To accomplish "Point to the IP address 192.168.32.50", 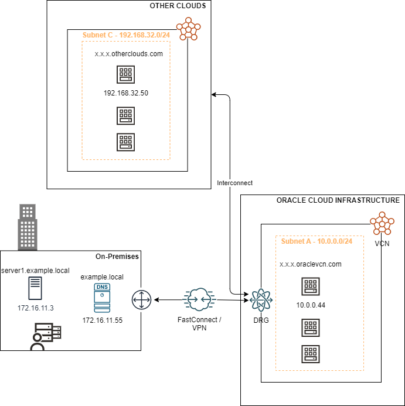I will point(125,93).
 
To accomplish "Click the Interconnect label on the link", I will point(234,183).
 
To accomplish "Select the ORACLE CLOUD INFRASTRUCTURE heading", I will point(338,200).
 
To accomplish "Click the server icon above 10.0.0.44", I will point(311,286).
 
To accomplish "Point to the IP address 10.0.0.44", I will point(311,305).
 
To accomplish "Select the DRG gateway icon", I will point(260,300).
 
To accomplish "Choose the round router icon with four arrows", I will point(141,301).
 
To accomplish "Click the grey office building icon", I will point(27,226).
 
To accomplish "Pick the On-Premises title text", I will point(117,257).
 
